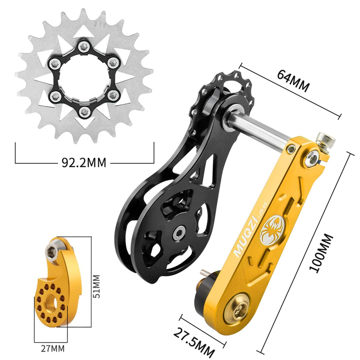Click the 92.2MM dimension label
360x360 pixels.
click(84, 162)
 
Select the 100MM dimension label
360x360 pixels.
click(321, 253)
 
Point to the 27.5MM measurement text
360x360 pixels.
click(194, 343)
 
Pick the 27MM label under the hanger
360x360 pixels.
click(53, 349)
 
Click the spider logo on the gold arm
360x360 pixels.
click(272, 230)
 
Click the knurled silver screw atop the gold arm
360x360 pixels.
click(325, 141)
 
